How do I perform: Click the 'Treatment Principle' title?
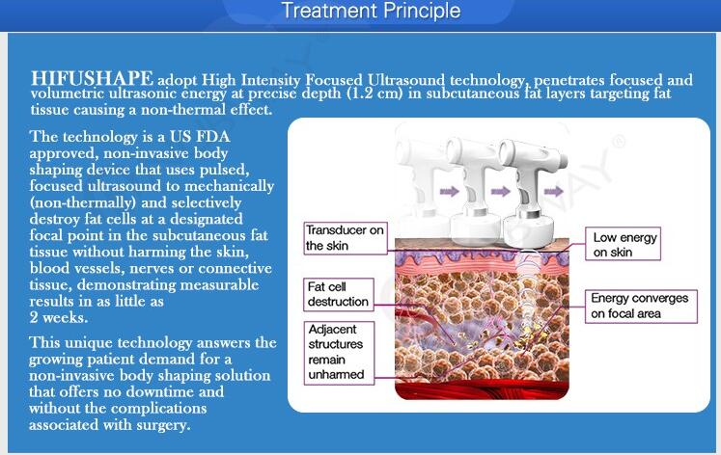371,11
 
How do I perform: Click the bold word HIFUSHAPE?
92,78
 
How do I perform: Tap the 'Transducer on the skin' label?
346,238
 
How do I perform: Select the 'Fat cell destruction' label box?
339,294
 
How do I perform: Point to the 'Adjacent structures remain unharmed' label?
339,352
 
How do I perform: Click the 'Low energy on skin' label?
624,244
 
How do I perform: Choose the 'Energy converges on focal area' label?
641,307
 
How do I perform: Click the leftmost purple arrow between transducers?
449,191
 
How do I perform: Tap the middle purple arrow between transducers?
500,191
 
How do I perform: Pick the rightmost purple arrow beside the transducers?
554,191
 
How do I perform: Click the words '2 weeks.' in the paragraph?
59,317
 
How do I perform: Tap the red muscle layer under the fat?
482,389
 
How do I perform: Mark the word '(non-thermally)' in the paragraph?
83,203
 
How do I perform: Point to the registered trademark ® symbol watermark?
620,141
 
